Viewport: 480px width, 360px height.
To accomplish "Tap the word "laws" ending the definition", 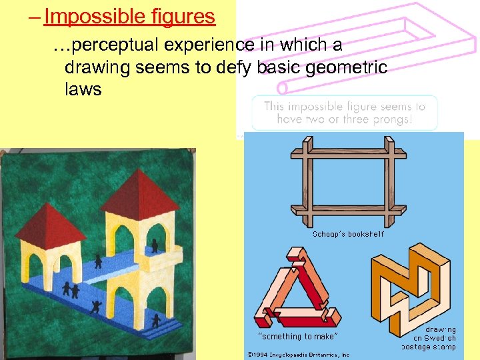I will [x=83, y=89].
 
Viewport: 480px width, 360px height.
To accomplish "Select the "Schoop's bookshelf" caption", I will [x=348, y=234].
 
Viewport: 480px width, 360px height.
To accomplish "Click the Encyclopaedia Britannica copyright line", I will [x=298, y=355].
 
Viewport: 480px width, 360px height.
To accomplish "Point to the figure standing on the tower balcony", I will [x=155, y=246].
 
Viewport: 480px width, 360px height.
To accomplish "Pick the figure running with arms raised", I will [x=95, y=307].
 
